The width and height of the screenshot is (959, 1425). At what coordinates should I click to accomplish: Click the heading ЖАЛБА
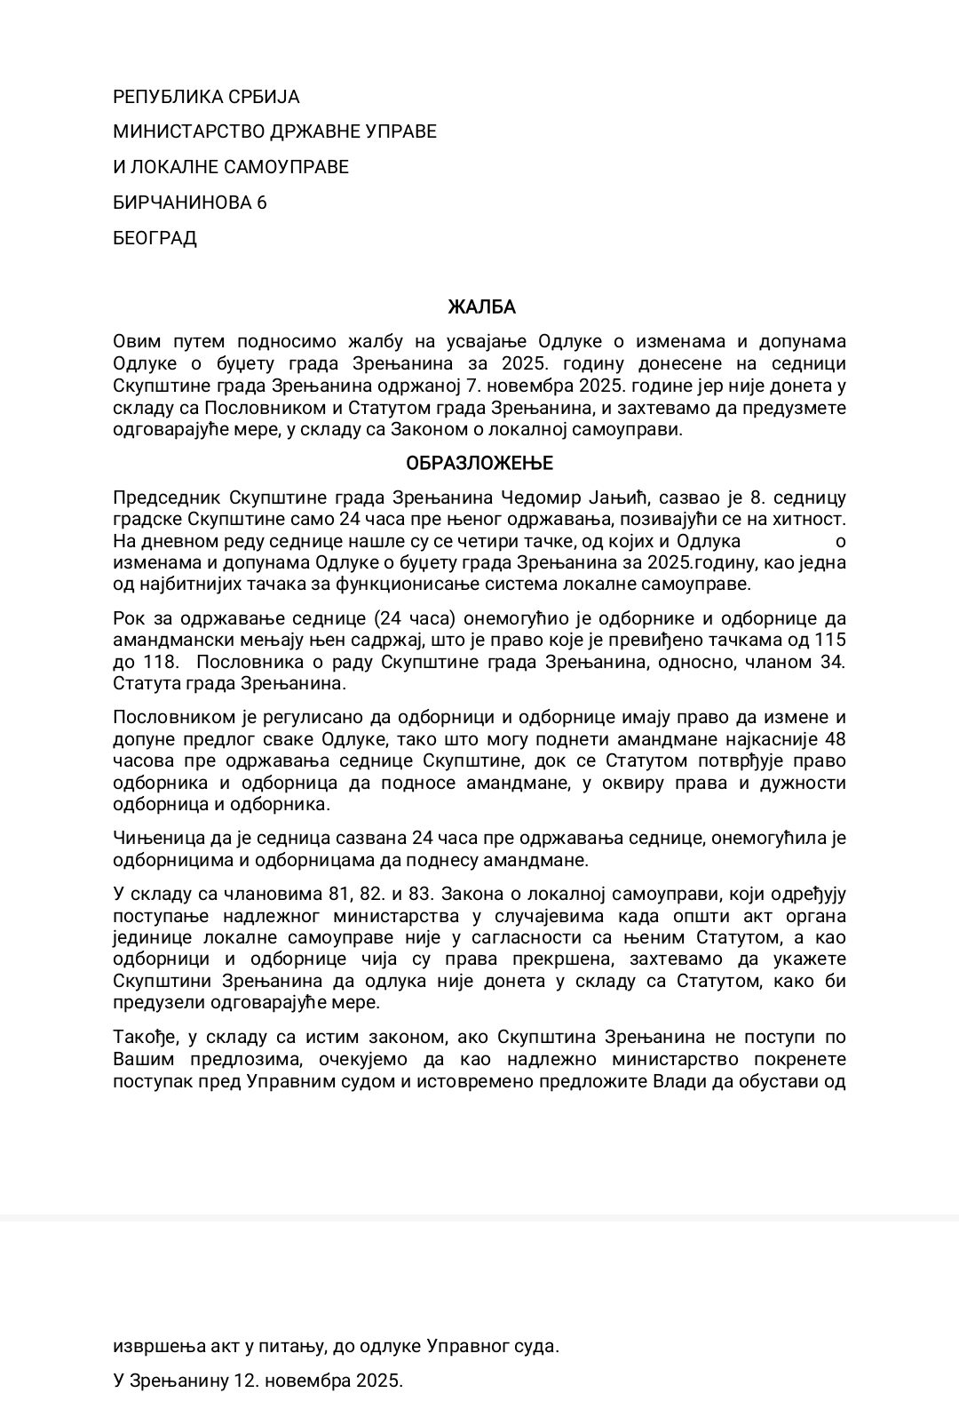click(x=480, y=307)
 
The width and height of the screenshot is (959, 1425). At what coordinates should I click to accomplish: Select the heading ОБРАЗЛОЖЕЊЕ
click(x=479, y=464)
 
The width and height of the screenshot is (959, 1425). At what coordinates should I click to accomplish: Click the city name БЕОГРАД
click(x=155, y=238)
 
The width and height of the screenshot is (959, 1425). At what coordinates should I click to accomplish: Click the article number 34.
click(x=832, y=662)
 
